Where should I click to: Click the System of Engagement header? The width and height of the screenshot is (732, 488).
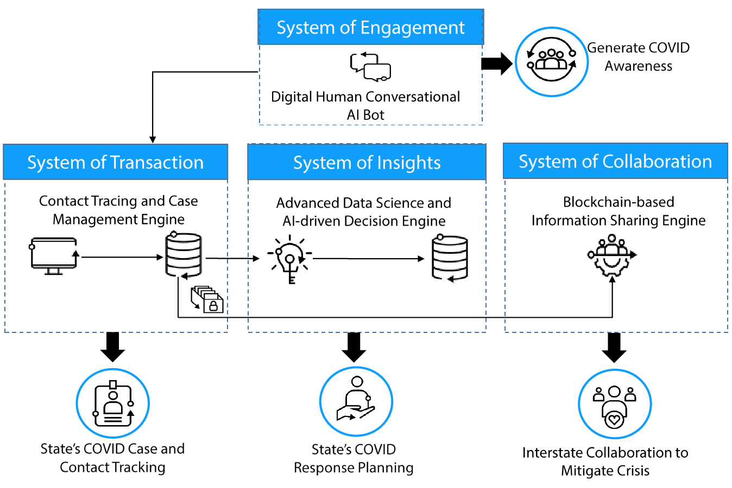[370, 27]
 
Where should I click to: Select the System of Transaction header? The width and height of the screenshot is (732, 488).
[115, 162]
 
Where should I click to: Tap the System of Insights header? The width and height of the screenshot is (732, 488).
[367, 163]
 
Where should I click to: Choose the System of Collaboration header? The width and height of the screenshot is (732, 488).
[615, 162]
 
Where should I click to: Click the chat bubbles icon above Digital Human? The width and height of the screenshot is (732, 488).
[370, 67]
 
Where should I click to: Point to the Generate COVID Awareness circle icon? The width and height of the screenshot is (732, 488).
[551, 62]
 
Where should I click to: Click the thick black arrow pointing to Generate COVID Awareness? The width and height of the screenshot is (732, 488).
[496, 63]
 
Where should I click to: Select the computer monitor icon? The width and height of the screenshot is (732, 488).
[53, 255]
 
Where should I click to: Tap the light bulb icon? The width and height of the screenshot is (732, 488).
[290, 259]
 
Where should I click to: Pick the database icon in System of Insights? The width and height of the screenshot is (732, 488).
[450, 258]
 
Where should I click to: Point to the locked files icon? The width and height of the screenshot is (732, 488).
[207, 299]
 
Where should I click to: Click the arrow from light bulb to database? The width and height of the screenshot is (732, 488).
[368, 259]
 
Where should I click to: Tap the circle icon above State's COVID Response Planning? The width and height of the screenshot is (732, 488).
[356, 402]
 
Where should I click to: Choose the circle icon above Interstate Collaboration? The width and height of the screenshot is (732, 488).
[614, 404]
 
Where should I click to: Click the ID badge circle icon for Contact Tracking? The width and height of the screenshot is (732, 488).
[112, 404]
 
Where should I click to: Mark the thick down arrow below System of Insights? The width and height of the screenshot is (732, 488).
[354, 347]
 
